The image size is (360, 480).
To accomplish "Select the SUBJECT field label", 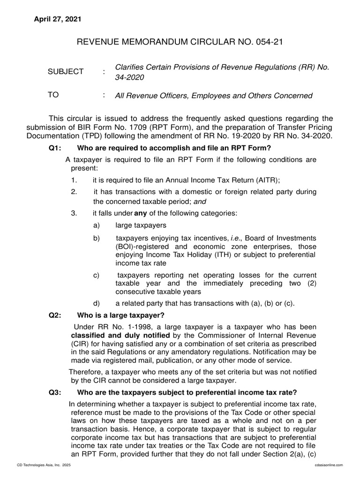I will click(x=66, y=72).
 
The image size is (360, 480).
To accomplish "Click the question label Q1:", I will click(x=55, y=149).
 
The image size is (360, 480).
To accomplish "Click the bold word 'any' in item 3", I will click(x=141, y=214).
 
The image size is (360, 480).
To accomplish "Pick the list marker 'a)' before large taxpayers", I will click(x=97, y=225).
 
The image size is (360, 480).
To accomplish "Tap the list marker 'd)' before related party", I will click(x=97, y=303).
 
